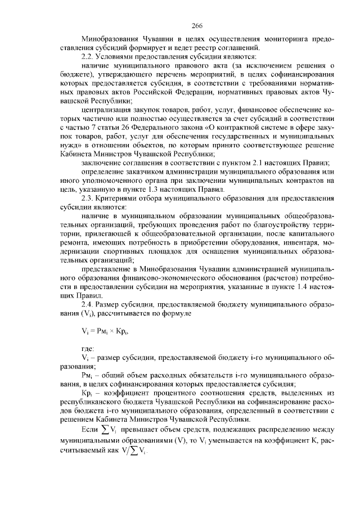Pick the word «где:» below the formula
[88, 349]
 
